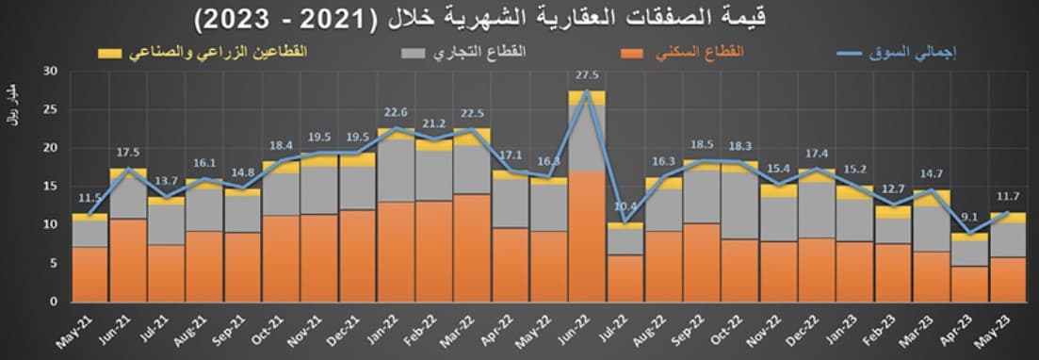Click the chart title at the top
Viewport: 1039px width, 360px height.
pyautogui.click(x=519, y=17)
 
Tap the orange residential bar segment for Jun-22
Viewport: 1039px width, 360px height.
pyautogui.click(x=587, y=236)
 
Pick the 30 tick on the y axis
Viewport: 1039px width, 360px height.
pyautogui.click(x=51, y=71)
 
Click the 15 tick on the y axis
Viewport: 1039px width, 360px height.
pyautogui.click(x=51, y=186)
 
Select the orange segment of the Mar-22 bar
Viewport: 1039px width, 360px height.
pyautogui.click(x=472, y=247)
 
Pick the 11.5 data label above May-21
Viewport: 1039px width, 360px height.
pyautogui.click(x=90, y=198)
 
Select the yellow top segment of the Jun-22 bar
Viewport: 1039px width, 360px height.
pyautogui.click(x=587, y=97)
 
